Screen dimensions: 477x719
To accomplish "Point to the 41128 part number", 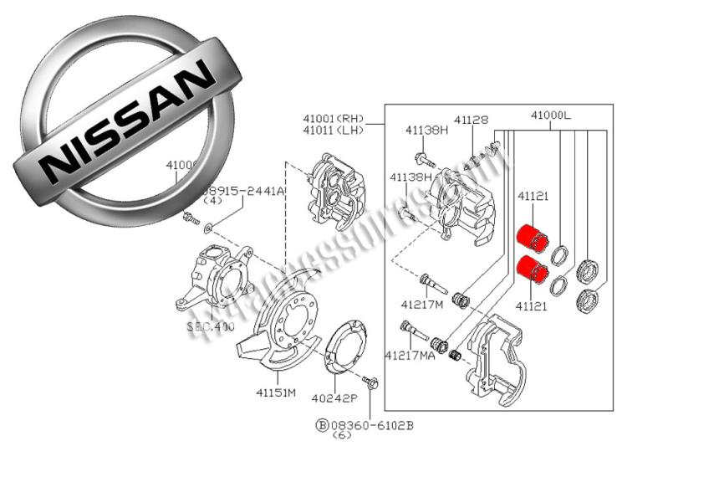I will coord(472,120).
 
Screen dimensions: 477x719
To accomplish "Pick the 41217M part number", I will coord(424,305).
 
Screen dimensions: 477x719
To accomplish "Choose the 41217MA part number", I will coord(410,355).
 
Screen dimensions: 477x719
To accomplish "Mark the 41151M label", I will coord(276,392).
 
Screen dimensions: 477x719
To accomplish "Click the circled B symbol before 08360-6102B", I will coord(322,425).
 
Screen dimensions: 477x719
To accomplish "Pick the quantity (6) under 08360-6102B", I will coord(342,436).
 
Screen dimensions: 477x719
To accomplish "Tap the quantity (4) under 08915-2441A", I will coord(212,202).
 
